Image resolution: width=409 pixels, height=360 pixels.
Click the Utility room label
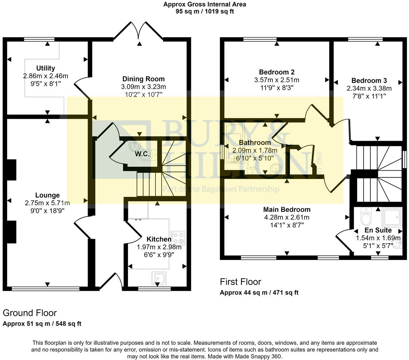coord(45,68)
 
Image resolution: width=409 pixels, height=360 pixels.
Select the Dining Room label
coord(143,79)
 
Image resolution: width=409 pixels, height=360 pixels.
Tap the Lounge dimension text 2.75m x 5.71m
coord(47,203)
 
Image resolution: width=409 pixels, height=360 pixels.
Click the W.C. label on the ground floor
coord(142,154)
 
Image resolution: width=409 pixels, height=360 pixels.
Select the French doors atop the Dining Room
coord(139,32)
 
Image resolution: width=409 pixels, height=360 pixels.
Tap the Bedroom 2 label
coord(277,72)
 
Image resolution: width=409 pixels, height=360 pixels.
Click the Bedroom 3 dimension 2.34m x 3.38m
coord(369,88)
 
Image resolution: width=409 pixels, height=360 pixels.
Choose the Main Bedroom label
coord(287,209)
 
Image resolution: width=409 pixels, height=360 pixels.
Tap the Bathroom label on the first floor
coord(255,143)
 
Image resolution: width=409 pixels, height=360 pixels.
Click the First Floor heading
coord(240,282)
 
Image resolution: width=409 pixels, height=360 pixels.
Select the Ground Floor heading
coord(30,313)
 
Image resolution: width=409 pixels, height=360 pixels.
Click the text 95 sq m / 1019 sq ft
coord(204,11)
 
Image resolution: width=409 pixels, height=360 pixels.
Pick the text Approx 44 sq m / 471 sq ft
coord(259,292)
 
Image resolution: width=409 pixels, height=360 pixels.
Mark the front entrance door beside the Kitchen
coord(111,281)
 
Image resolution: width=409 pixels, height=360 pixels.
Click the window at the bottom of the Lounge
coord(46,288)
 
